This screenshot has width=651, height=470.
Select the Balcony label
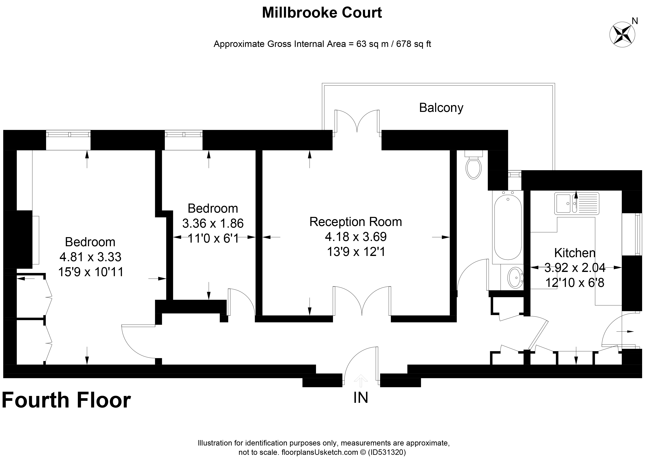pyautogui.click(x=441, y=108)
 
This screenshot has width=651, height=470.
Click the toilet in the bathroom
pyautogui.click(x=474, y=168)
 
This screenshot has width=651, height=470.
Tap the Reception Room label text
pyautogui.click(x=355, y=222)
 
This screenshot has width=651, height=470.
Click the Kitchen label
pyautogui.click(x=575, y=253)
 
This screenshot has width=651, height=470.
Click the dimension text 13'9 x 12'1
pyautogui.click(x=356, y=252)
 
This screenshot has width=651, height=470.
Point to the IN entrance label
pyautogui.click(x=360, y=398)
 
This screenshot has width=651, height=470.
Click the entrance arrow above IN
pyautogui.click(x=360, y=381)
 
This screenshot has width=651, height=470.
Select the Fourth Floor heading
pyautogui.click(x=66, y=400)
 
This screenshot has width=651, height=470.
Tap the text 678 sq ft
pyautogui.click(x=414, y=44)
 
